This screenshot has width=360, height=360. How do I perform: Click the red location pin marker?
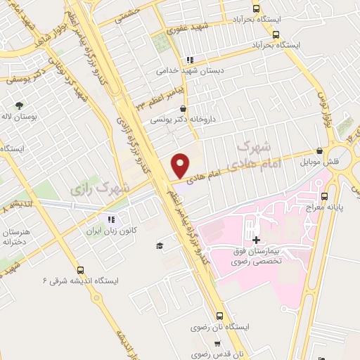[x=180, y=165]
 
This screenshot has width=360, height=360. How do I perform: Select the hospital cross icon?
[x=255, y=240]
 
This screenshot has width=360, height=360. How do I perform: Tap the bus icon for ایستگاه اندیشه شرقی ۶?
[x=79, y=269]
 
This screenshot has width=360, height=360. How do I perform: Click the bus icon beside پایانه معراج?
[x=324, y=196]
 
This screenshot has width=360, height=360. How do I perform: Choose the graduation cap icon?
[x=160, y=245]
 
